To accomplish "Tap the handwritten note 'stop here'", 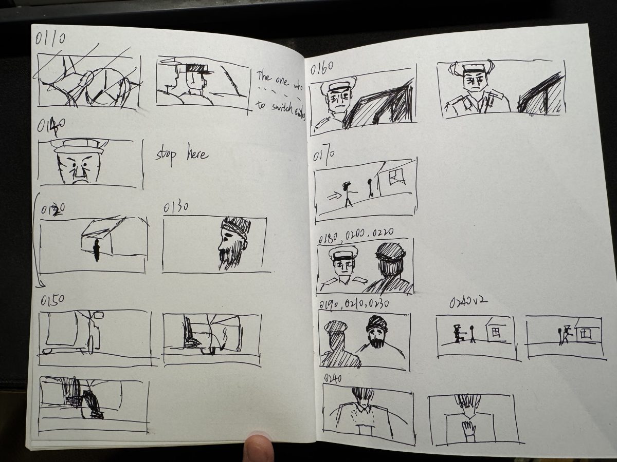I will [182, 154].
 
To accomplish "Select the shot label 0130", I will [176, 207].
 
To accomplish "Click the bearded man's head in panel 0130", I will [232, 241].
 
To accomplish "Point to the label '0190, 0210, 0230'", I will [354, 304].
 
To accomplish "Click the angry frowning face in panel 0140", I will [78, 168].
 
